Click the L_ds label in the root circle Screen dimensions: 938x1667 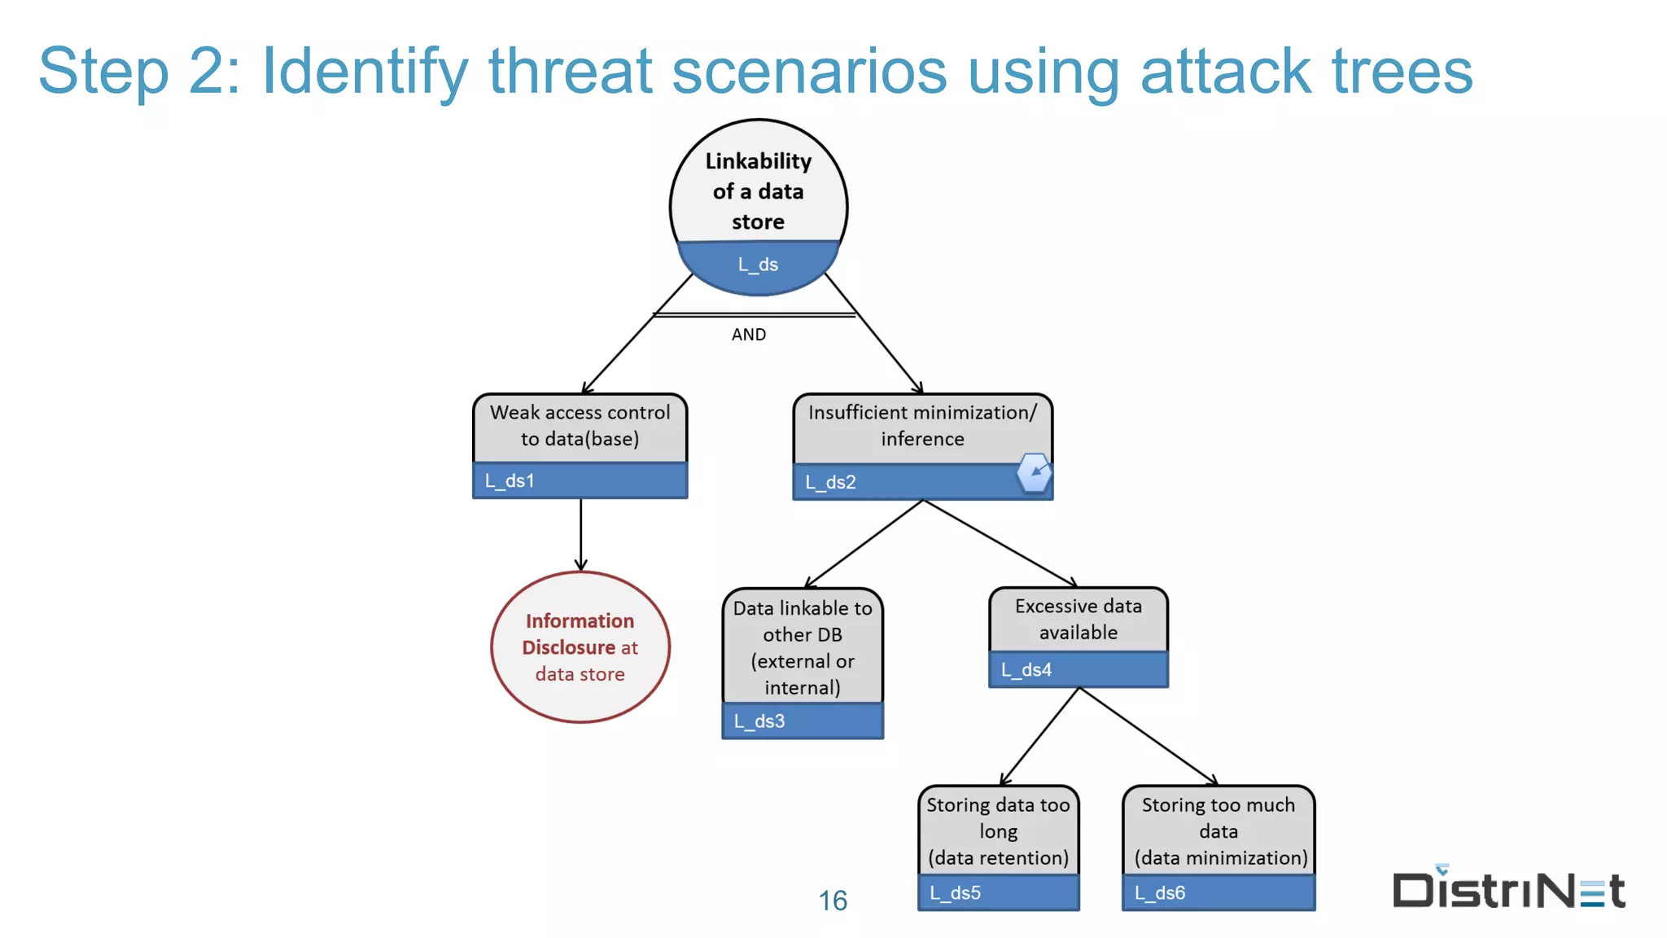758,265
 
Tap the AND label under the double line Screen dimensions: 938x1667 748,335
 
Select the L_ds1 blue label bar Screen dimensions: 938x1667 580,480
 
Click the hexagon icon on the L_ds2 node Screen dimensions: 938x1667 1035,472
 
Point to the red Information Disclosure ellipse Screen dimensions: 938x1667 580,647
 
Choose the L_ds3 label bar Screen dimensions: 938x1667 803,721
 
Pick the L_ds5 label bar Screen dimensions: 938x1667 998,892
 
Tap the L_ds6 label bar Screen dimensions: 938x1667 1218,892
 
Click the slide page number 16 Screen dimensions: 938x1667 833,901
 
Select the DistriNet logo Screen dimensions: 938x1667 1508,888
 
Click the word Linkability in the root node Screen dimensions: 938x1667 758,161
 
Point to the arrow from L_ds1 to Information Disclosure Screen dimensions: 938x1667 580,533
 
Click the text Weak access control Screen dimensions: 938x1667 580,413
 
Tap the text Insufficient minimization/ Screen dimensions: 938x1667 922,413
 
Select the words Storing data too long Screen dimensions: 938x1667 998,817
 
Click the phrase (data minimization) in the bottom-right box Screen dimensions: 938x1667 1220,858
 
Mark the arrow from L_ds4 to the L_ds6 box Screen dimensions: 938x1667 1148,736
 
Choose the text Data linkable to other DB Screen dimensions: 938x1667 803,621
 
